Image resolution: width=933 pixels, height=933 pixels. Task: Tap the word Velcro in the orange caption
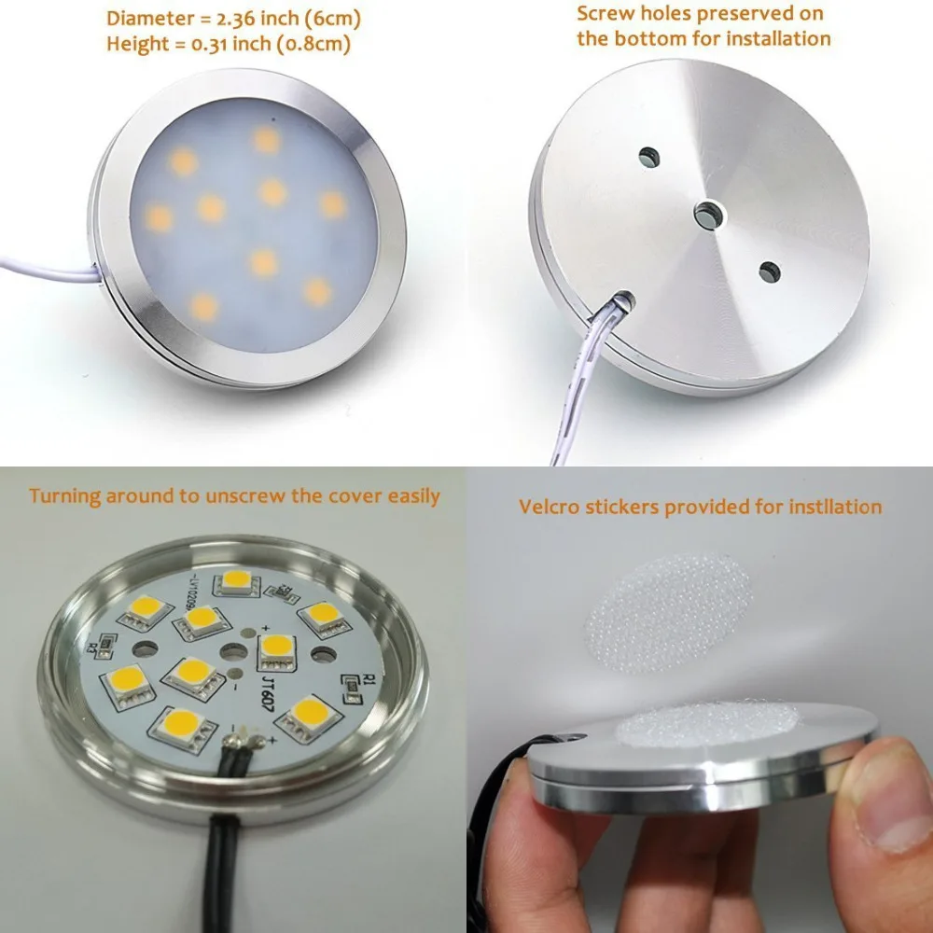[549, 507]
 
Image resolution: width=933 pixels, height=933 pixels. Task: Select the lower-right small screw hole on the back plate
[769, 272]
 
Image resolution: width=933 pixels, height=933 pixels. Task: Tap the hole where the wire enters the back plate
[620, 299]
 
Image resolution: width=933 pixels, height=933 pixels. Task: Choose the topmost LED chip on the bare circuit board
[236, 581]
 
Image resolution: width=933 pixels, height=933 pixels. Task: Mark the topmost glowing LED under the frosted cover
[266, 140]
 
